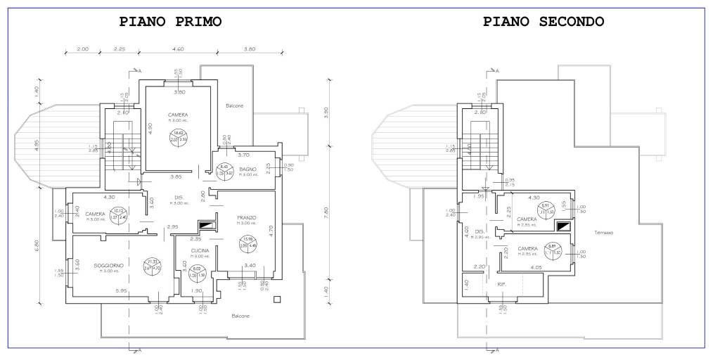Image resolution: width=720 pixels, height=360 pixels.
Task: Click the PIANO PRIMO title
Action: click(x=171, y=22)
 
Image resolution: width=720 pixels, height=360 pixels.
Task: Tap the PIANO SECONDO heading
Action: click(x=544, y=22)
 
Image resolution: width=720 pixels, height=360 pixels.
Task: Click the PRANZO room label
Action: click(x=246, y=218)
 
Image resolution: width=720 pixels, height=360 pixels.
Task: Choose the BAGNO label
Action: click(x=247, y=169)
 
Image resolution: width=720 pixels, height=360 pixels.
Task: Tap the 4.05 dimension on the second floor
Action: click(x=537, y=268)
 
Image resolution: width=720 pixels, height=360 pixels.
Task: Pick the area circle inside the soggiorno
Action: click(x=153, y=264)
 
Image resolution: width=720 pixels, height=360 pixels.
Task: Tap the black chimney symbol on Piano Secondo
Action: click(x=563, y=226)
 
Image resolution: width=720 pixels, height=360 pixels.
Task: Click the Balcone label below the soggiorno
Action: click(x=240, y=316)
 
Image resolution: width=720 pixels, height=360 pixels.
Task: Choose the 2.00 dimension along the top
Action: click(x=82, y=49)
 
